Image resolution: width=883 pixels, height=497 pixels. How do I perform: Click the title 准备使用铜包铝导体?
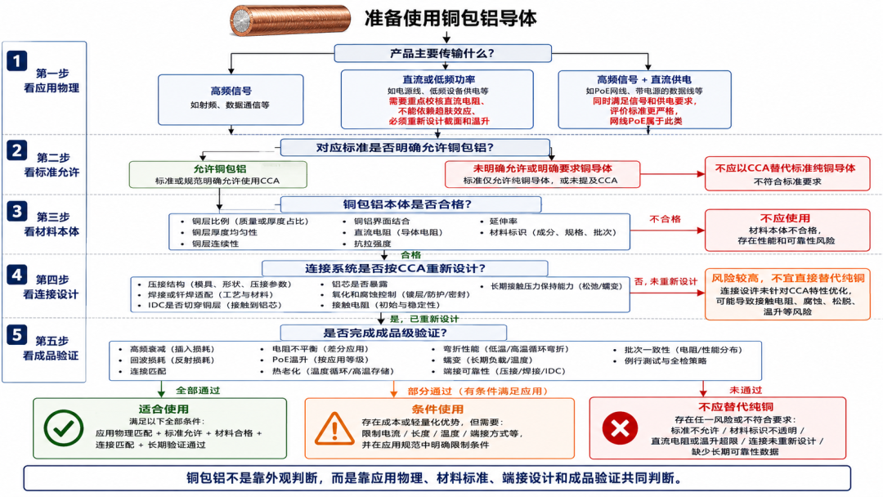coord(450,18)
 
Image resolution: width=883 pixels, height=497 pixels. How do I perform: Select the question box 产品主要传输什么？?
coord(442,53)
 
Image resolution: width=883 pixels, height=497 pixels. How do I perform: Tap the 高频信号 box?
coord(231,100)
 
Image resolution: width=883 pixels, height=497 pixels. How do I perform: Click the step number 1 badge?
coord(17,60)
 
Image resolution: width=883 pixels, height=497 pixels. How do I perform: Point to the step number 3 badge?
coord(17,212)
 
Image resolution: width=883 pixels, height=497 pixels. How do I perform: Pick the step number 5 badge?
coord(17,334)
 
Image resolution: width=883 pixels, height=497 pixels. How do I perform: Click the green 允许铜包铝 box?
coord(218,174)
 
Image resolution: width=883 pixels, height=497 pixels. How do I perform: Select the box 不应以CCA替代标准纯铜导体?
coord(787,174)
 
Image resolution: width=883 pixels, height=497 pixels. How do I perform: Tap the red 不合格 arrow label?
coord(665,219)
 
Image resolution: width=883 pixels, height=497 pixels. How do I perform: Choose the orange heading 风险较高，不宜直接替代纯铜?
coord(788,278)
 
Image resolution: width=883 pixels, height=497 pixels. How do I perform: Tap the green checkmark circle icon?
coord(64,428)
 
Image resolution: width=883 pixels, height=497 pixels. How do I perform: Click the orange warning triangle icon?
coord(334,429)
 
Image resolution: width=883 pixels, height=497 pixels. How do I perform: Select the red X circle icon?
coord(620,428)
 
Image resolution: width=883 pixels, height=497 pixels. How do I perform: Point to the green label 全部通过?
coord(198,390)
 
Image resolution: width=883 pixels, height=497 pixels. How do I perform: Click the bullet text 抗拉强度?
coord(372,244)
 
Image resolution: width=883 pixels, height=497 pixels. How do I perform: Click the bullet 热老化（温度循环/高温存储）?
coord(333,371)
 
